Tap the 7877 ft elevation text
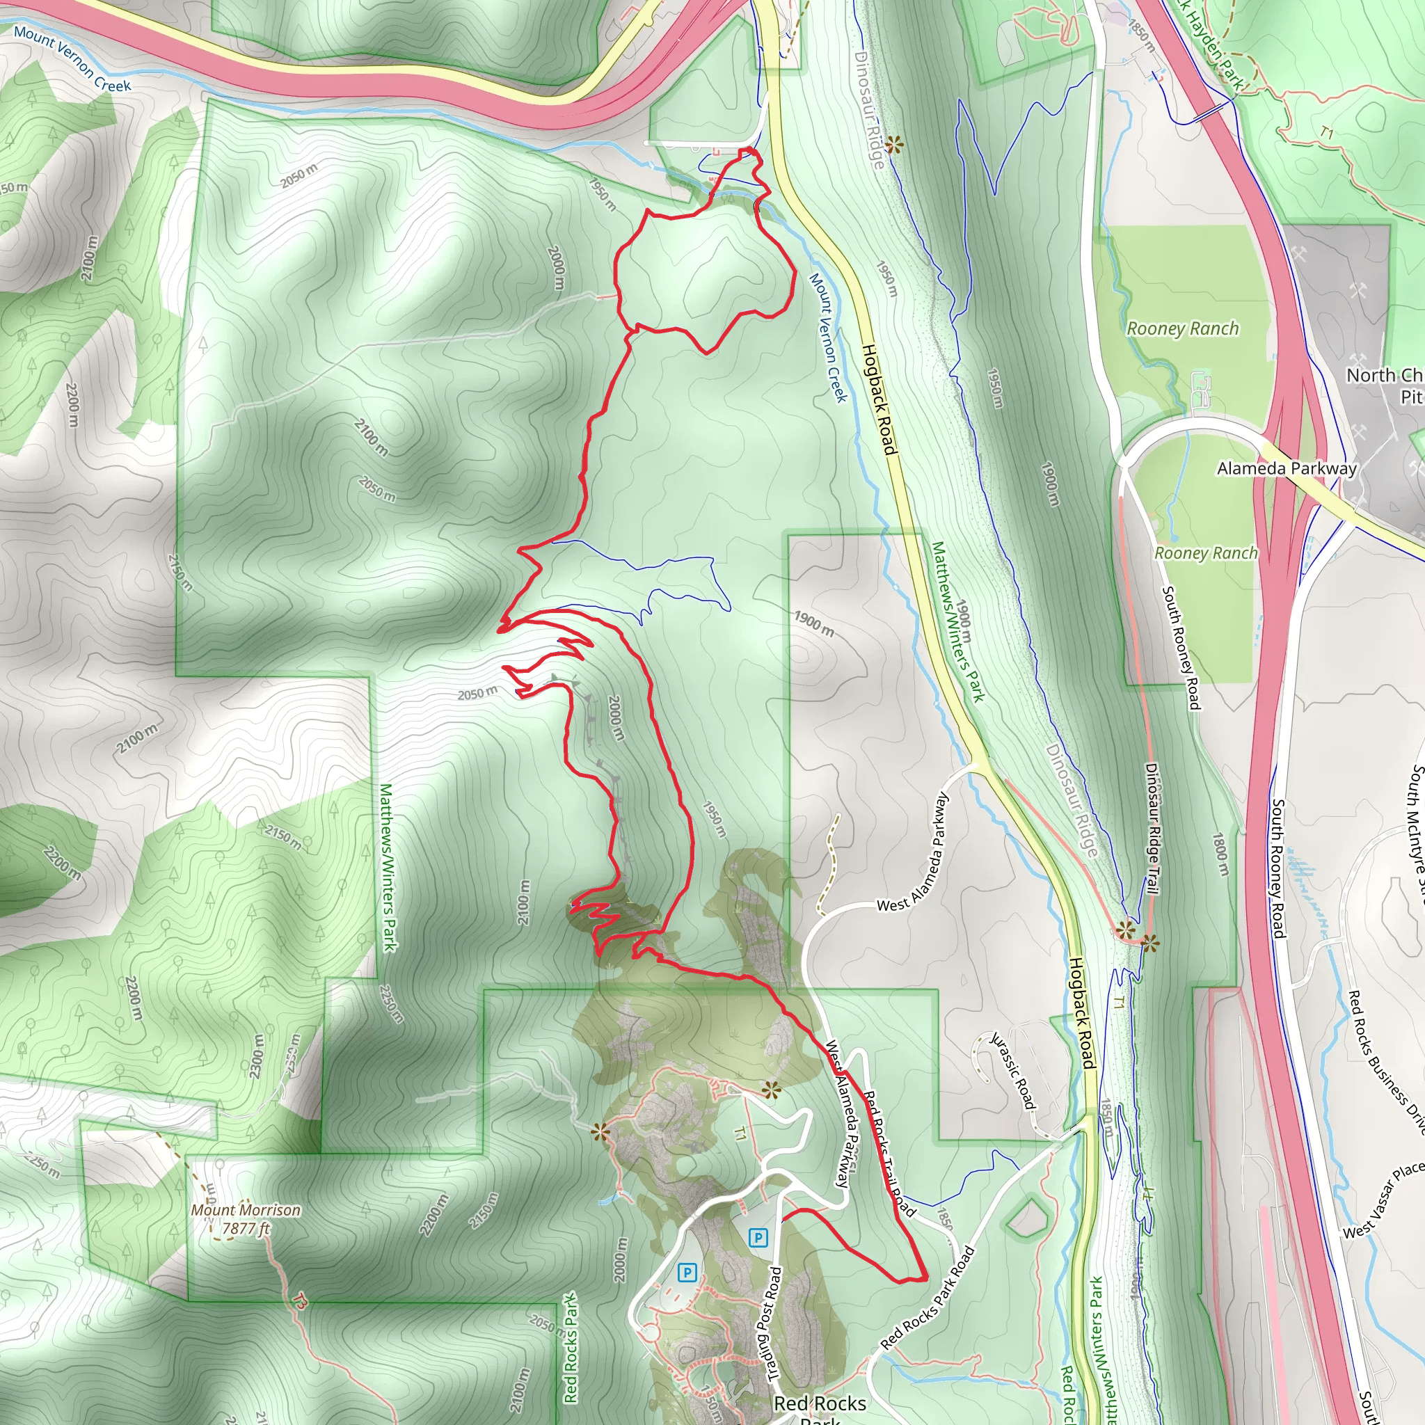tap(246, 1229)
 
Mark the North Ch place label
tap(1385, 376)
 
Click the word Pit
tap(1412, 397)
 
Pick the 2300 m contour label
tap(257, 1056)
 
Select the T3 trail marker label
tap(299, 1301)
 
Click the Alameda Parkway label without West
tap(1287, 468)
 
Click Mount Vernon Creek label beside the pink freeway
tap(72, 59)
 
